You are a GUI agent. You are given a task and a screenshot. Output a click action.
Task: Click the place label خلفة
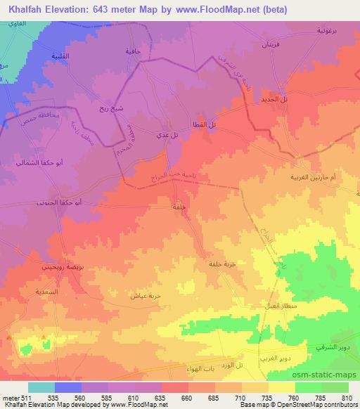(179, 207)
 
